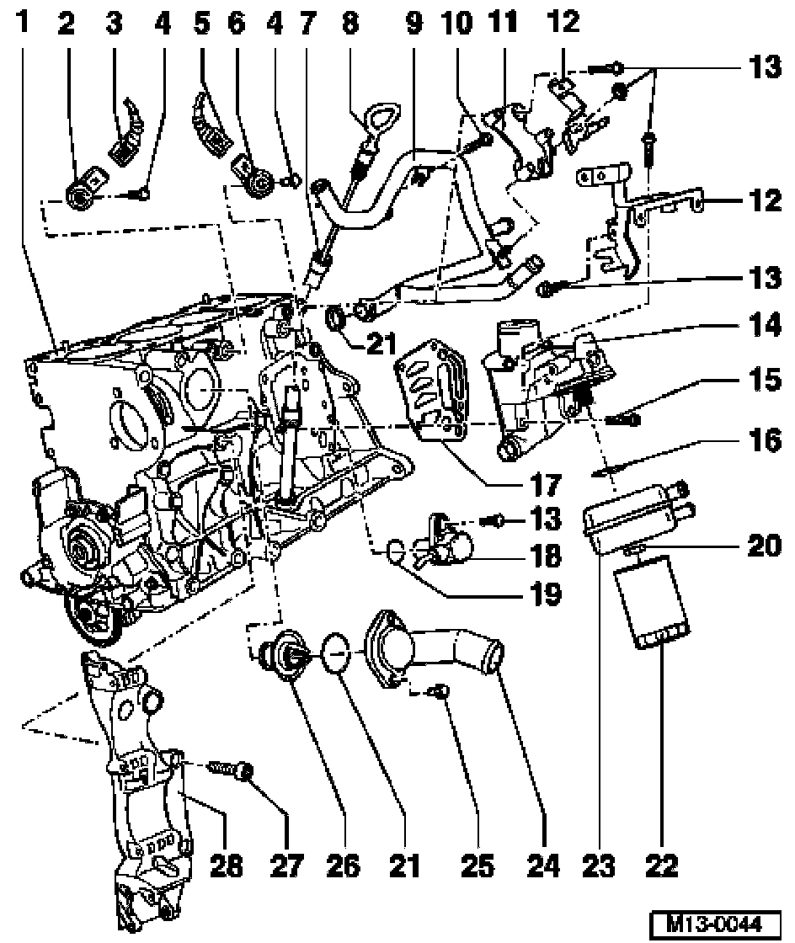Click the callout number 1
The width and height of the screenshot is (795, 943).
tap(22, 22)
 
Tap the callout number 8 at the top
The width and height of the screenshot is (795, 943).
tap(350, 22)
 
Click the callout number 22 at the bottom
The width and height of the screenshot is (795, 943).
tap(661, 866)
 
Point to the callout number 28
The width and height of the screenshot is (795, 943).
tap(226, 866)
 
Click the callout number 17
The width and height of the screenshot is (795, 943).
tap(547, 484)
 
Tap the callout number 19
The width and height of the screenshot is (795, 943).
tap(547, 594)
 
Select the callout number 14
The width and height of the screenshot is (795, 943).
tap(765, 325)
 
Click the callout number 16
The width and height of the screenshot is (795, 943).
tap(765, 440)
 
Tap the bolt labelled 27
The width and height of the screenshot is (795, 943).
tap(231, 769)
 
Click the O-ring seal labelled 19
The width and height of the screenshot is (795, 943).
tap(394, 551)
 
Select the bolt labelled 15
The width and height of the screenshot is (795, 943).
tap(622, 418)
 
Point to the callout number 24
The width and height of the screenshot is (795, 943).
tap(544, 866)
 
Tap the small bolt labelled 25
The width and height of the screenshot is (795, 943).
tap(441, 692)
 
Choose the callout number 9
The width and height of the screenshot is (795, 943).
tap(414, 22)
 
